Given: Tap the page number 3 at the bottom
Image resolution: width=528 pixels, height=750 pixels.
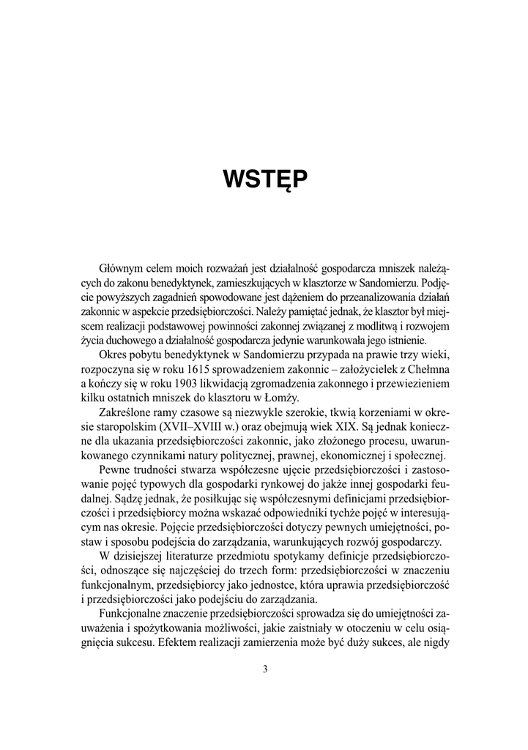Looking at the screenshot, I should coord(264,669).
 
